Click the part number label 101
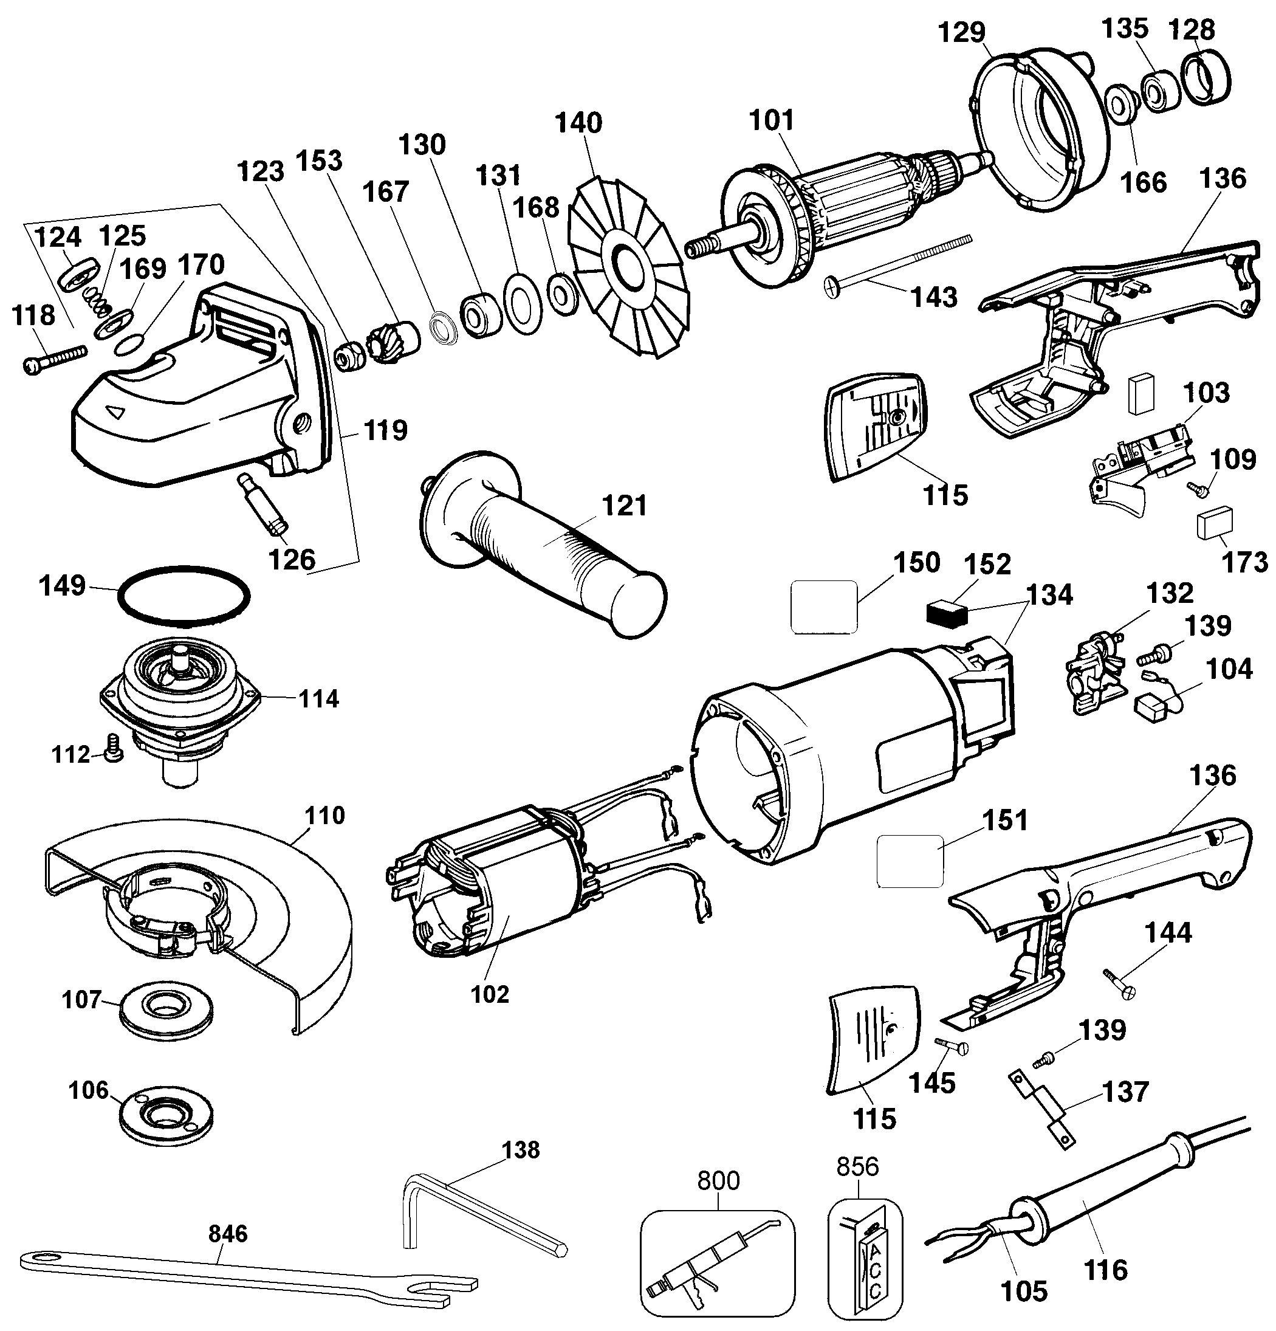[770, 121]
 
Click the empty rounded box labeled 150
[824, 607]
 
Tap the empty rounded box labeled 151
[910, 861]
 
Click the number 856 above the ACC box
[857, 1167]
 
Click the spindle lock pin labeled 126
[264, 505]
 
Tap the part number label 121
[625, 506]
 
